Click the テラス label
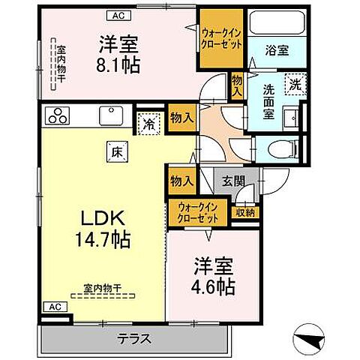point(135,338)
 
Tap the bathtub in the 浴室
point(277,26)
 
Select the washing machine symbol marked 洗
point(296,84)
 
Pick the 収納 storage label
point(245,212)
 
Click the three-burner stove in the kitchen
point(57,116)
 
